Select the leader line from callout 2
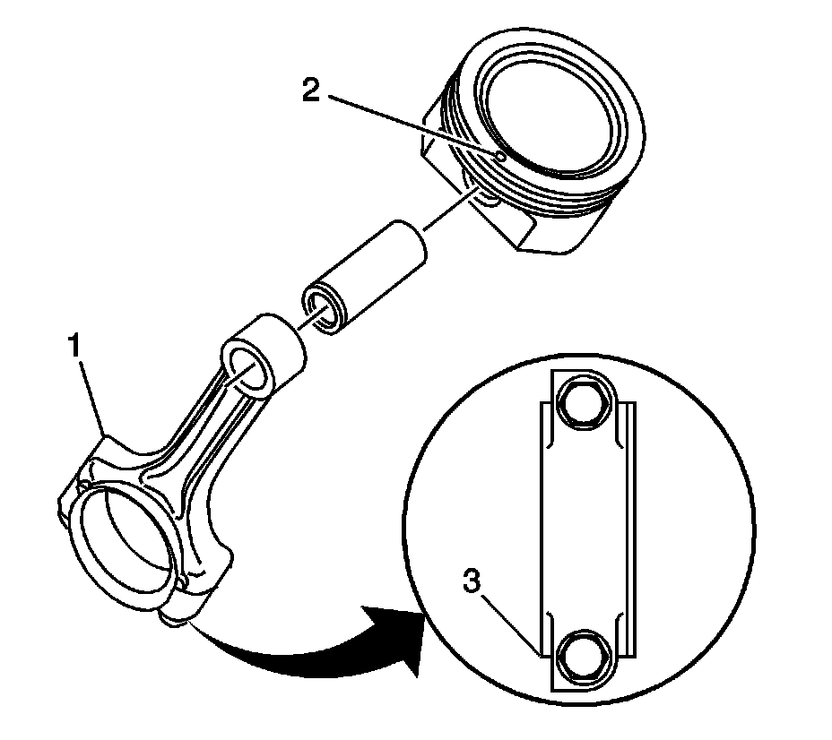412,125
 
